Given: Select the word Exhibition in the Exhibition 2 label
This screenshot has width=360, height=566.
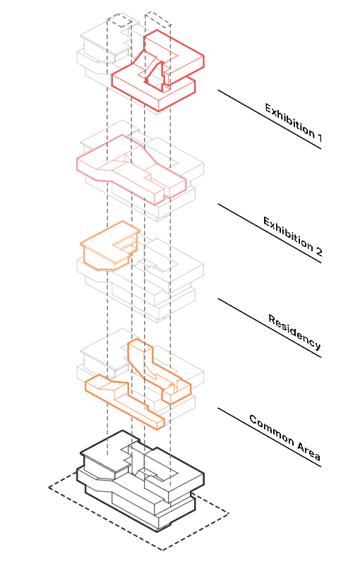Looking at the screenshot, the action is (x=288, y=234).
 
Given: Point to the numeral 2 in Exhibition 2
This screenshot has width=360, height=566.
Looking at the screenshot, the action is (x=318, y=251).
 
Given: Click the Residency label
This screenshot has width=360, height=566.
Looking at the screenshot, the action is (x=294, y=332).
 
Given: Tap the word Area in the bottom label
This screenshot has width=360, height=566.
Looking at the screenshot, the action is (x=308, y=451).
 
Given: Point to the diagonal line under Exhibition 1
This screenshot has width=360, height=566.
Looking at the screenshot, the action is (x=270, y=119).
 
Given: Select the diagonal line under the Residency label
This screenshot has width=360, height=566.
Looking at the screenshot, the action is (x=270, y=327).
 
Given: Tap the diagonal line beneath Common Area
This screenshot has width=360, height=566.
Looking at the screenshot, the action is (x=270, y=438).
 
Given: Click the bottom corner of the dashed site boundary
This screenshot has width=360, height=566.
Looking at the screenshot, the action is (x=162, y=550).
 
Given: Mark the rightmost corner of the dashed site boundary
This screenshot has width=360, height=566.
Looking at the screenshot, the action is (x=229, y=514).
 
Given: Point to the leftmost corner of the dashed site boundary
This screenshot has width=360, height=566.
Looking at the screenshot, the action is (x=49, y=487).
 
